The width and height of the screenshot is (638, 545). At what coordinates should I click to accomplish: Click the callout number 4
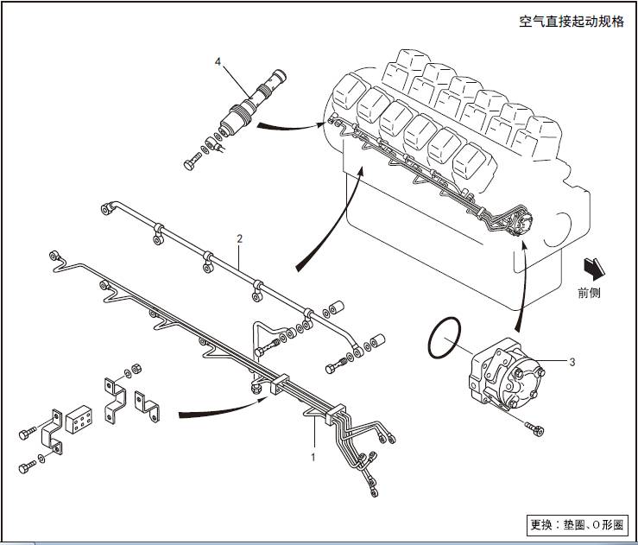pyautogui.click(x=218, y=61)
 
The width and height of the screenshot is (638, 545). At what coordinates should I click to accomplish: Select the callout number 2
pyautogui.click(x=240, y=237)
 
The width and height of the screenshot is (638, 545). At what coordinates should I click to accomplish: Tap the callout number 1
pyautogui.click(x=313, y=451)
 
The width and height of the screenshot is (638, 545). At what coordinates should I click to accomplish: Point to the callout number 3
pyautogui.click(x=572, y=361)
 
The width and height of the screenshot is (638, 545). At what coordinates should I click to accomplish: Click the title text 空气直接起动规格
pyautogui.click(x=572, y=22)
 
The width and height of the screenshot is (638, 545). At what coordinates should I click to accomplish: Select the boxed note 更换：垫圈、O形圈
pyautogui.click(x=578, y=524)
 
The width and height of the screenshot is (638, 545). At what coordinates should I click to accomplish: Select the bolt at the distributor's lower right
pyautogui.click(x=533, y=427)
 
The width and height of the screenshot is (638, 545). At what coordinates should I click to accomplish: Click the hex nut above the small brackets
pyautogui.click(x=136, y=372)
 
